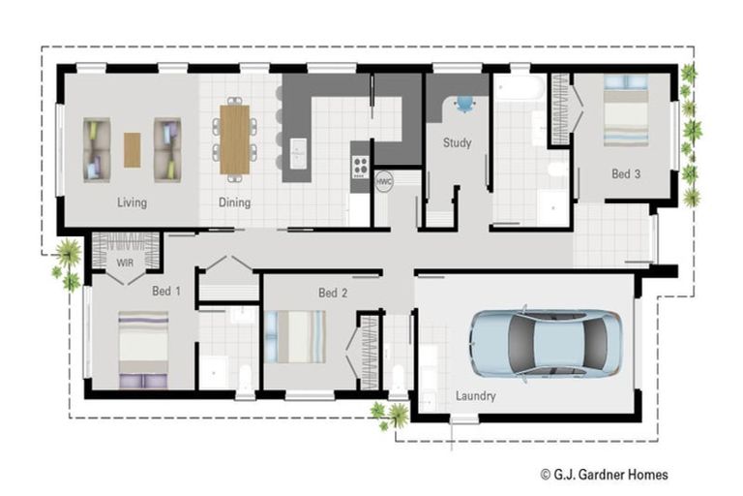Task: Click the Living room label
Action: (132, 202)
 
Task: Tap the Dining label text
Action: (234, 202)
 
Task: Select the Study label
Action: (457, 143)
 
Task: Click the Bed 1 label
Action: (166, 291)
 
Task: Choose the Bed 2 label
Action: (333, 293)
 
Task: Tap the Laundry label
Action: (475, 396)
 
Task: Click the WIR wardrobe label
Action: (124, 263)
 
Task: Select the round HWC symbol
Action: (384, 181)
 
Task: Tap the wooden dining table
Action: (235, 139)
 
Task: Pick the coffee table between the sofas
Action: (132, 149)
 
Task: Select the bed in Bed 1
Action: (143, 349)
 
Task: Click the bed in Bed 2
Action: (296, 336)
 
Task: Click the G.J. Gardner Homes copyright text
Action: (604, 475)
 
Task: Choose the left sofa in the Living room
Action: (98, 149)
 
